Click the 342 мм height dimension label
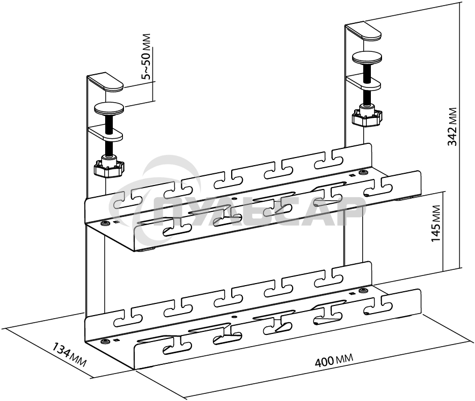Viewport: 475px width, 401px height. click(452, 127)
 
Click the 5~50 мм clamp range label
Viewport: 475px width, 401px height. click(146, 57)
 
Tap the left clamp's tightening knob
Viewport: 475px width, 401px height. click(109, 168)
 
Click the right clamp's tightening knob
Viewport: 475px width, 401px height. click(367, 118)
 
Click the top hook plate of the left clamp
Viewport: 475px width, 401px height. click(106, 81)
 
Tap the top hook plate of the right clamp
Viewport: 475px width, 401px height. click(364, 30)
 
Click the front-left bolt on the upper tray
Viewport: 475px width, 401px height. click(105, 224)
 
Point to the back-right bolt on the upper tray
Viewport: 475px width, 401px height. click(363, 173)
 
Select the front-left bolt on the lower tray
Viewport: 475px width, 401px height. click(105, 342)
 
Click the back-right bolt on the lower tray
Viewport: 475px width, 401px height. click(363, 291)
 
